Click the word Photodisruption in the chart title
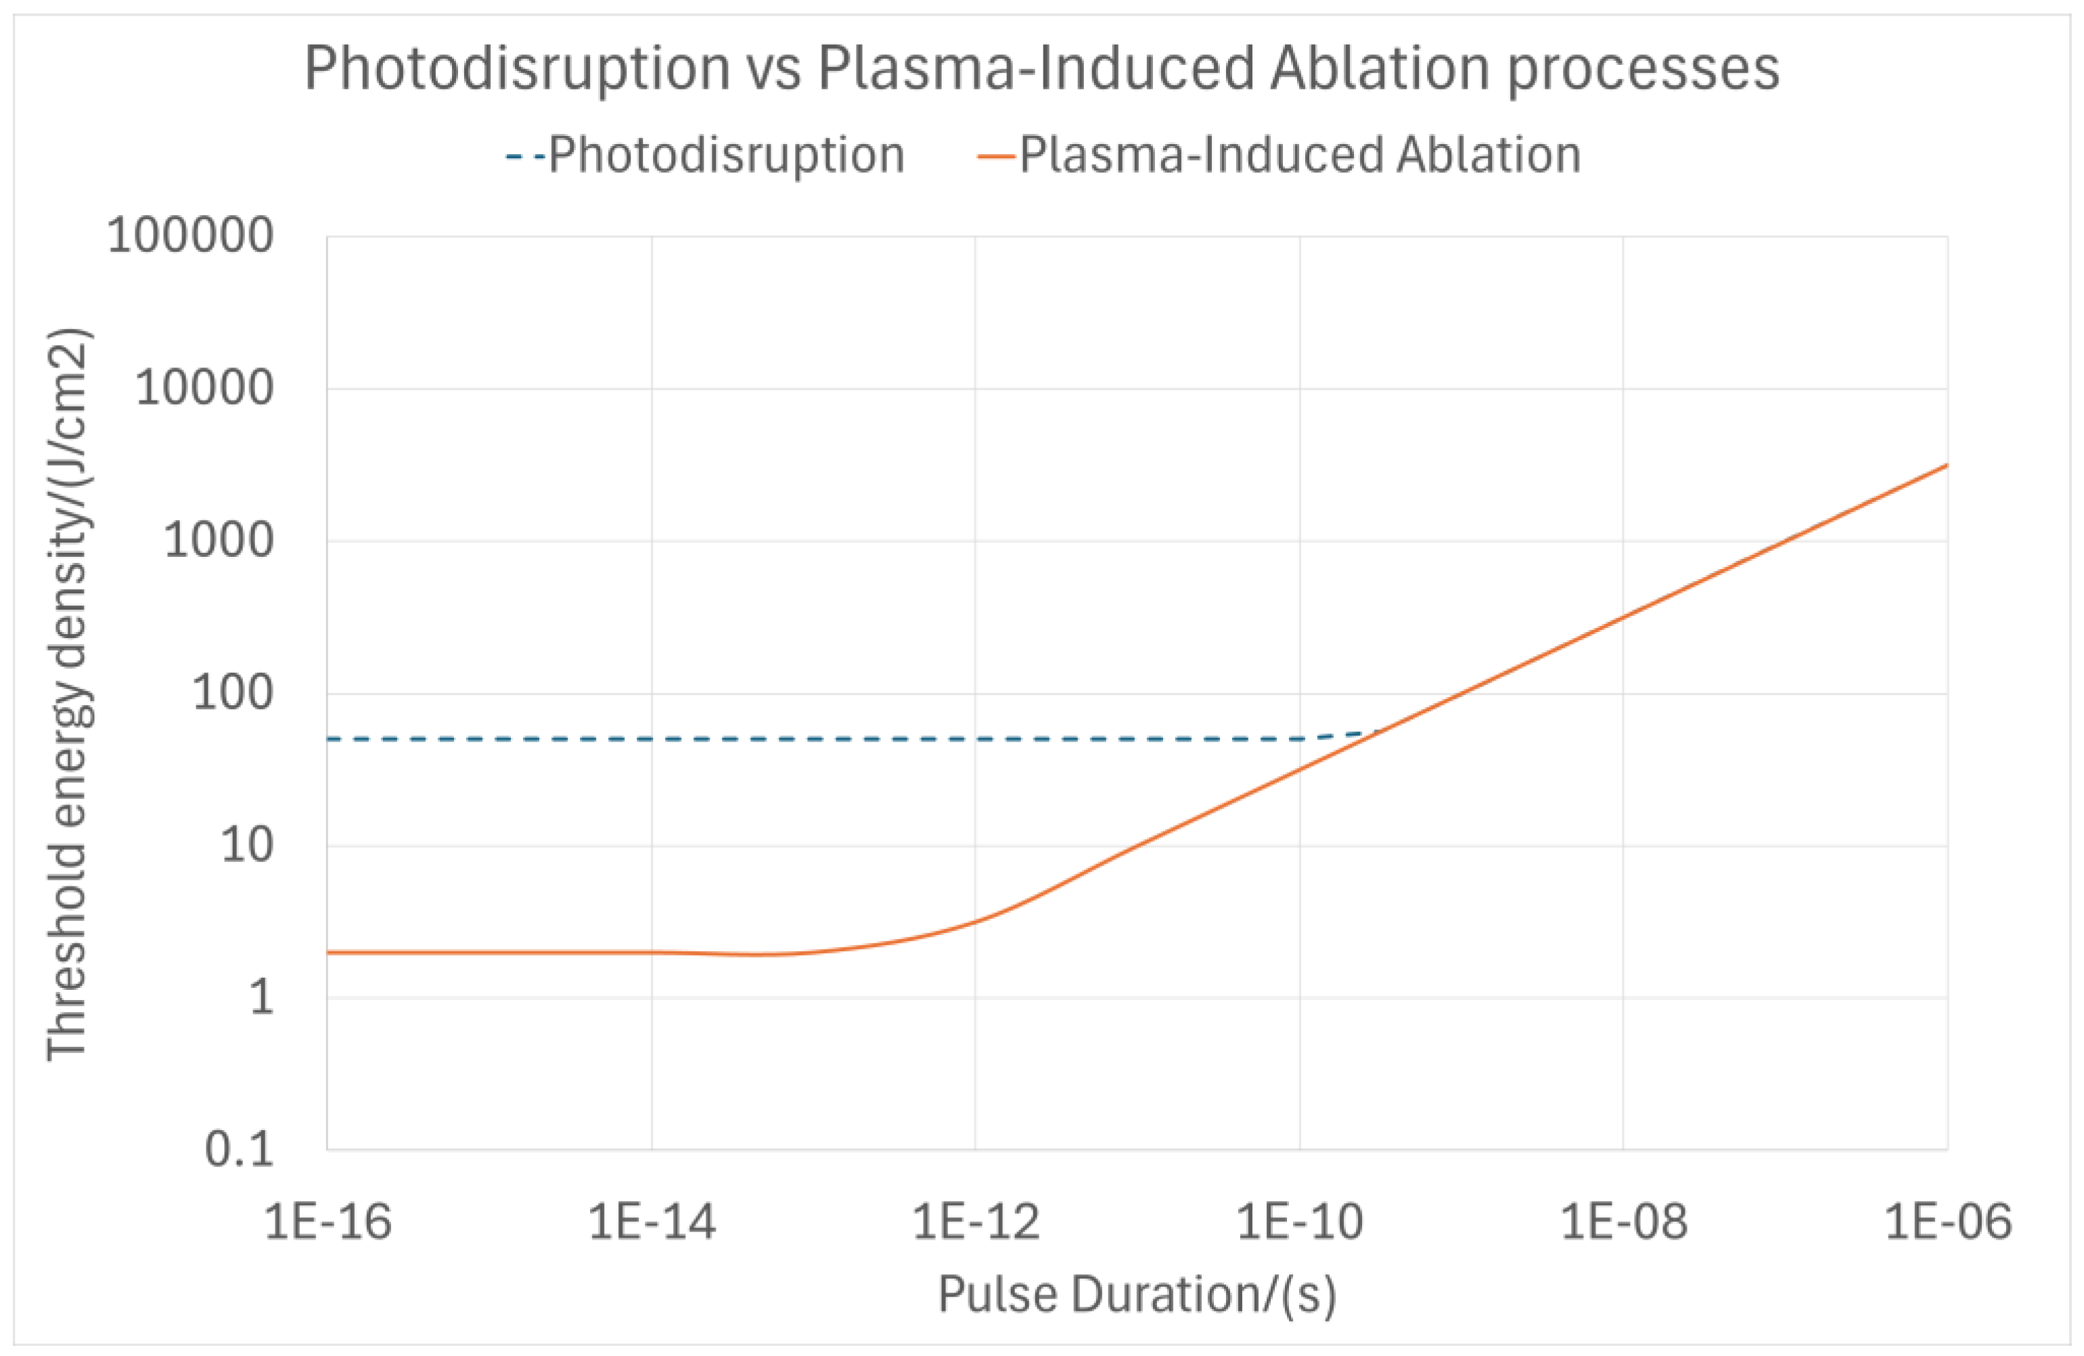coord(517,68)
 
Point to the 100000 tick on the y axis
coord(190,235)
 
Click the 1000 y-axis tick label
coord(218,541)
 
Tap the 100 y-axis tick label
coord(232,694)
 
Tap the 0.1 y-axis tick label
coord(239,1150)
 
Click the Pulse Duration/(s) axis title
coord(1137,1294)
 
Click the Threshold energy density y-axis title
coord(68,694)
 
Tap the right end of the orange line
coord(1947,465)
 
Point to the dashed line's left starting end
coord(330,739)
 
